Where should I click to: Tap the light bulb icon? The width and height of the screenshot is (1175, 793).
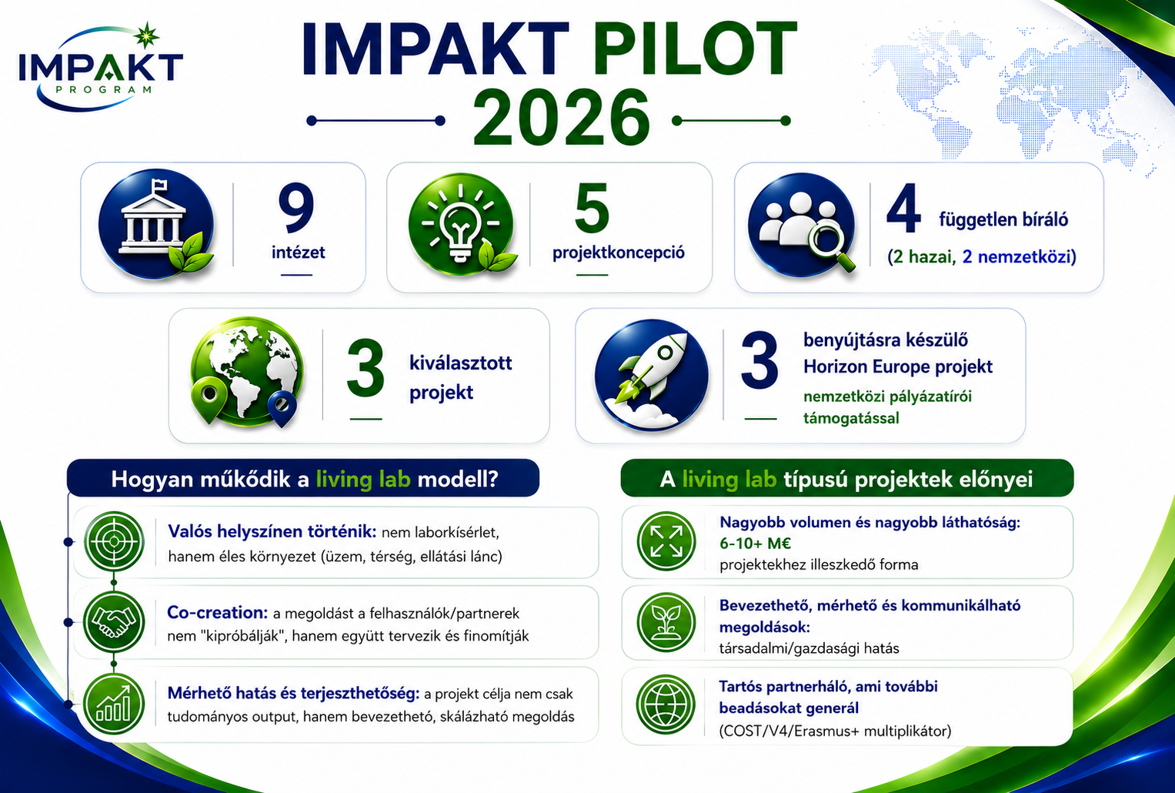point(460,224)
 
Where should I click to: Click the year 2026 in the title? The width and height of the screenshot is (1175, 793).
point(561,117)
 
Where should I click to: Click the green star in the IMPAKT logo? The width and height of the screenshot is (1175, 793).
point(146,35)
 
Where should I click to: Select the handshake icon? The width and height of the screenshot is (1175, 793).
point(114,622)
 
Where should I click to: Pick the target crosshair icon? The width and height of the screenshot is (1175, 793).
point(114,541)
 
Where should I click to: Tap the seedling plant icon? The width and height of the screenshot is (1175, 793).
point(666,622)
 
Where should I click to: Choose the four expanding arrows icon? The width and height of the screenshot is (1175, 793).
point(666,541)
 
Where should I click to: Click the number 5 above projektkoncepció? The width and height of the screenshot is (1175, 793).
point(592,209)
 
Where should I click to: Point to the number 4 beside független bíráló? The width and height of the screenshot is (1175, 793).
point(903,209)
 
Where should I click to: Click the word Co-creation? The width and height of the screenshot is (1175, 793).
point(217,612)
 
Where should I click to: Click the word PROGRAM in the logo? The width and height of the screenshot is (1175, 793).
point(103,90)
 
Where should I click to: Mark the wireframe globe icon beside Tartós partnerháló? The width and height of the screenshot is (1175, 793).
point(666,704)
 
